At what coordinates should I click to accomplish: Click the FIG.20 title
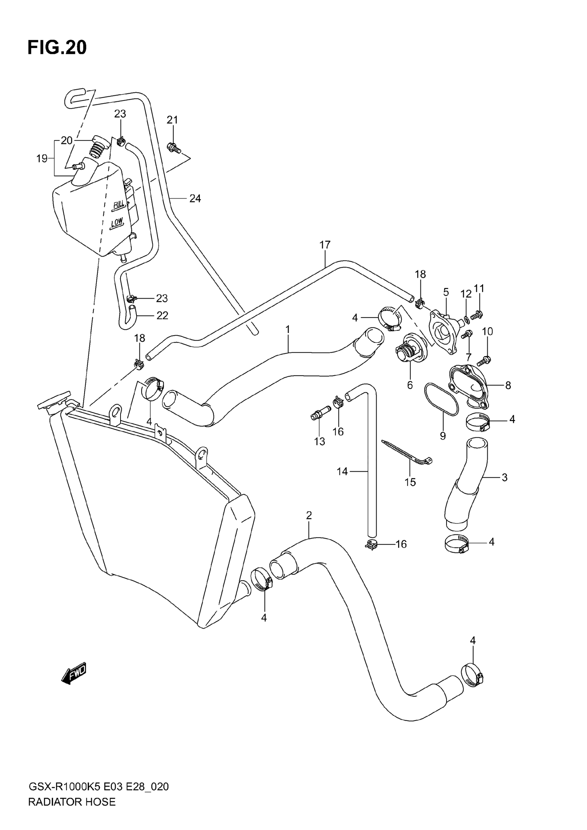tap(57, 48)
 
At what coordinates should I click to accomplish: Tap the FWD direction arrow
tap(74, 674)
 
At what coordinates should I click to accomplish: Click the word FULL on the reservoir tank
tap(119, 204)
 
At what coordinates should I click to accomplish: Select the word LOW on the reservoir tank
tap(117, 223)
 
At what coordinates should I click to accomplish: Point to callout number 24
tap(195, 199)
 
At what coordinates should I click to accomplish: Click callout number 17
tap(325, 245)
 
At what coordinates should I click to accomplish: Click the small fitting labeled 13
tap(320, 414)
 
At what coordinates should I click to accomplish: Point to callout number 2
tap(309, 515)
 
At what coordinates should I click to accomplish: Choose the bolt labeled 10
tap(485, 360)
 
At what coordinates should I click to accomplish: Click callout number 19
tap(42, 158)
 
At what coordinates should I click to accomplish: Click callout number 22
tap(162, 316)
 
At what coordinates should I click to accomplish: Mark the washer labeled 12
tap(467, 319)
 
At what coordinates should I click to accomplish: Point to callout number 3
tap(504, 477)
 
